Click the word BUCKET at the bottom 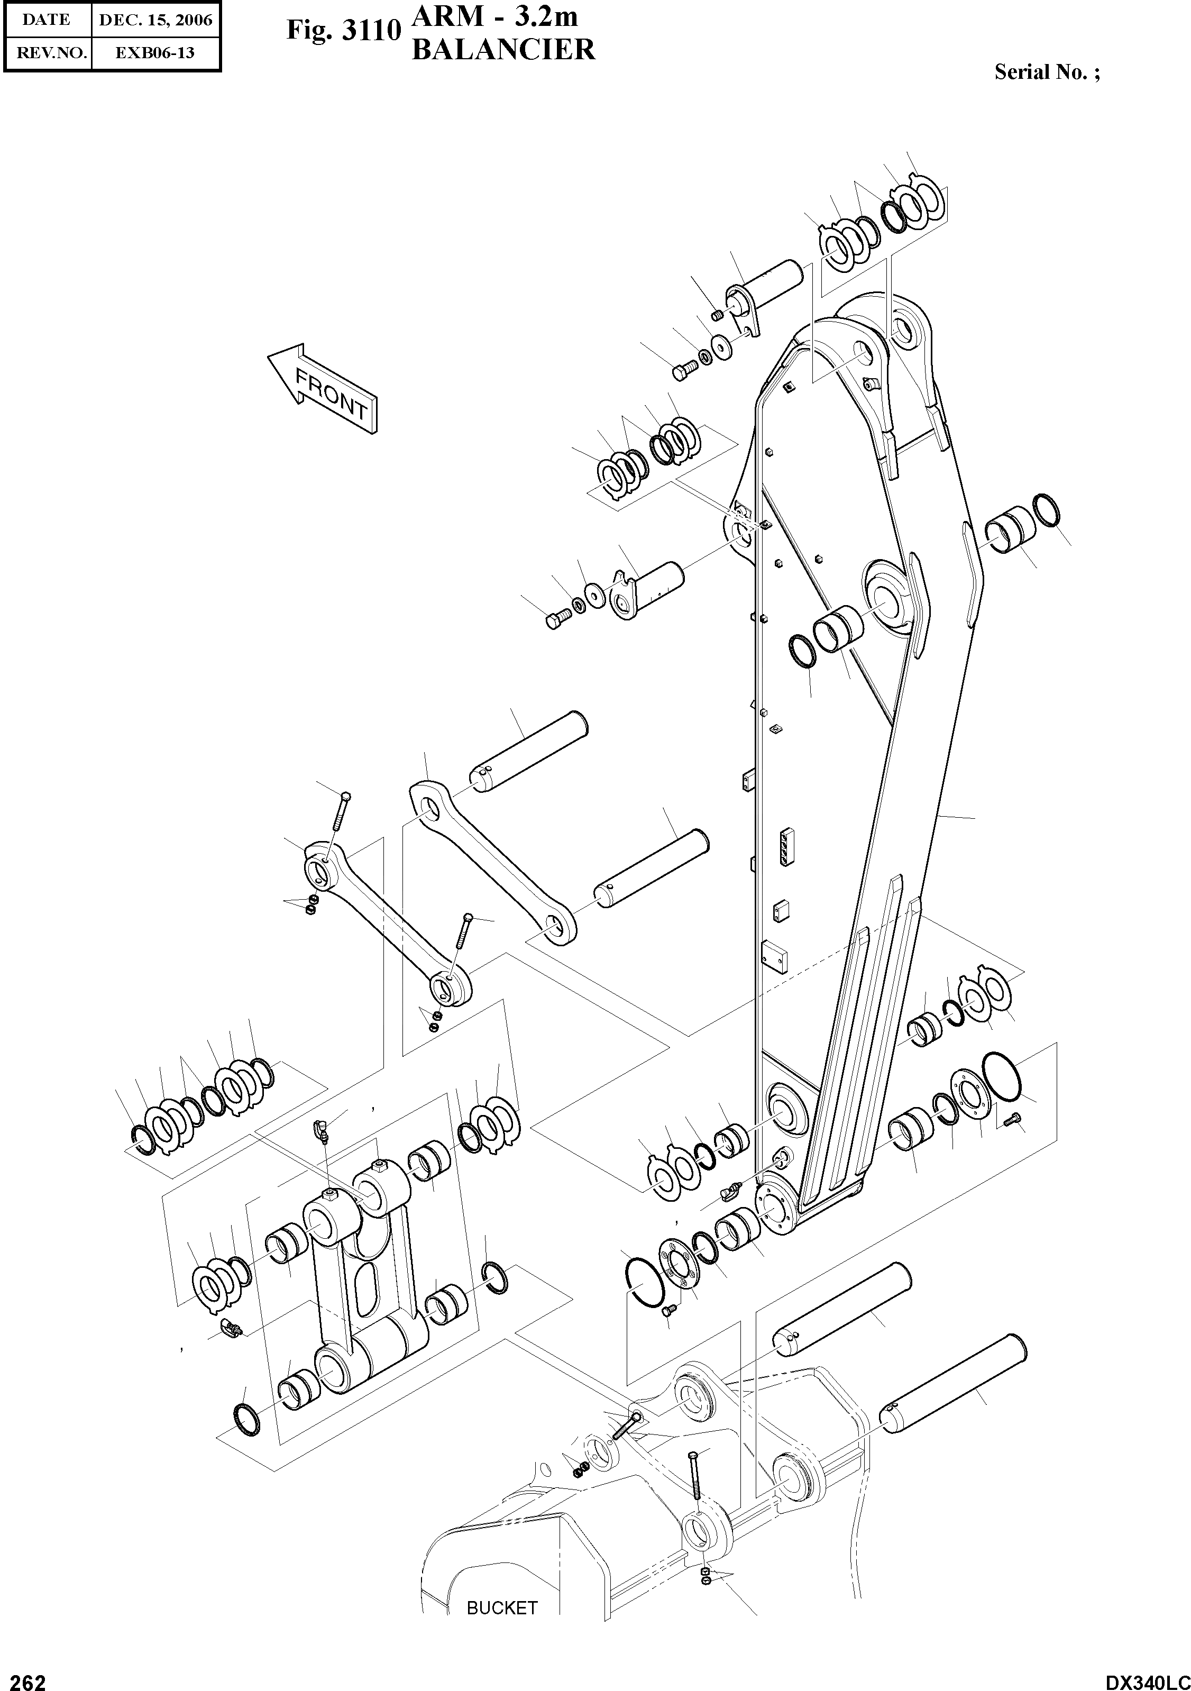pyautogui.click(x=501, y=1607)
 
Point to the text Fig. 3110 pyautogui.click(x=343, y=31)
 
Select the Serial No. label pyautogui.click(x=1047, y=72)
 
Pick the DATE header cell pyautogui.click(x=47, y=20)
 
